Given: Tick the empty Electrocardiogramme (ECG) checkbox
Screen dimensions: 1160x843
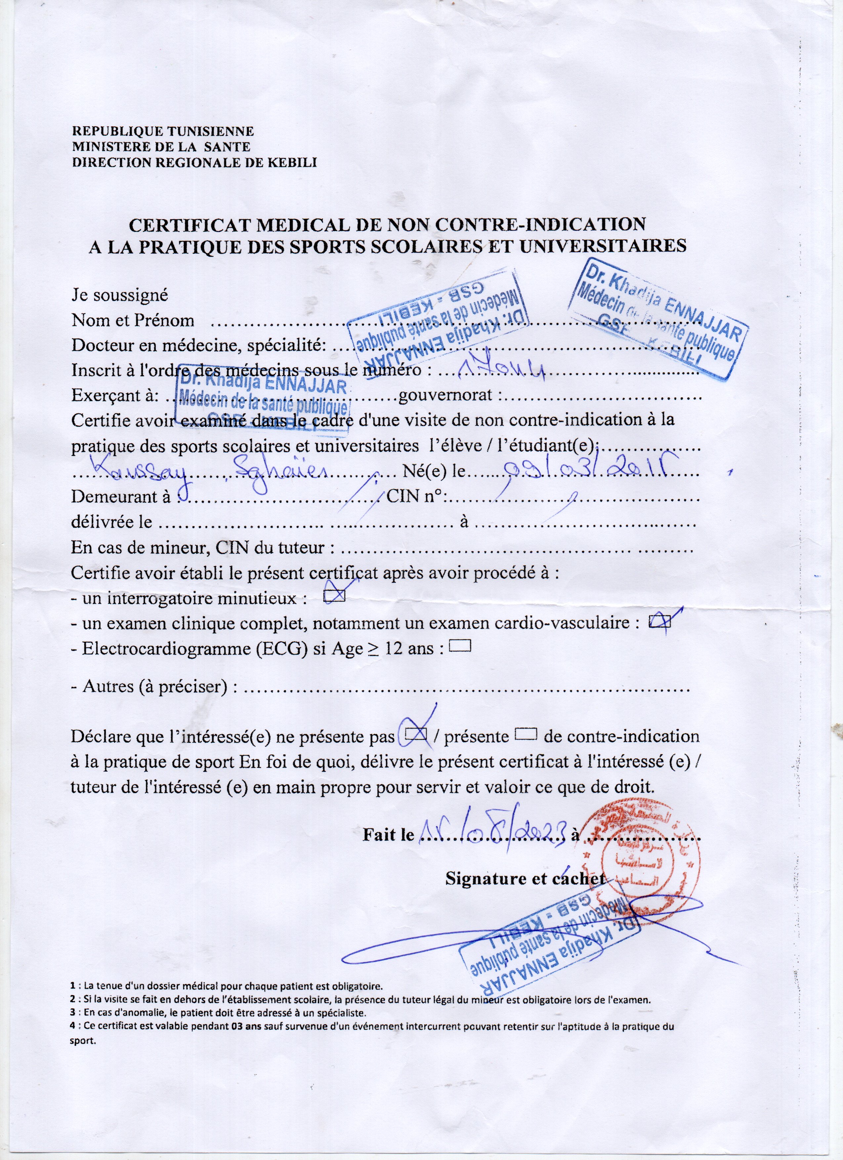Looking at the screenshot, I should coord(459,646).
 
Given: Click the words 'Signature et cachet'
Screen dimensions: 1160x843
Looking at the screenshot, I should coord(525,878).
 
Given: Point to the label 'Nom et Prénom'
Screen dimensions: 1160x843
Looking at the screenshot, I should coord(133,321).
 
